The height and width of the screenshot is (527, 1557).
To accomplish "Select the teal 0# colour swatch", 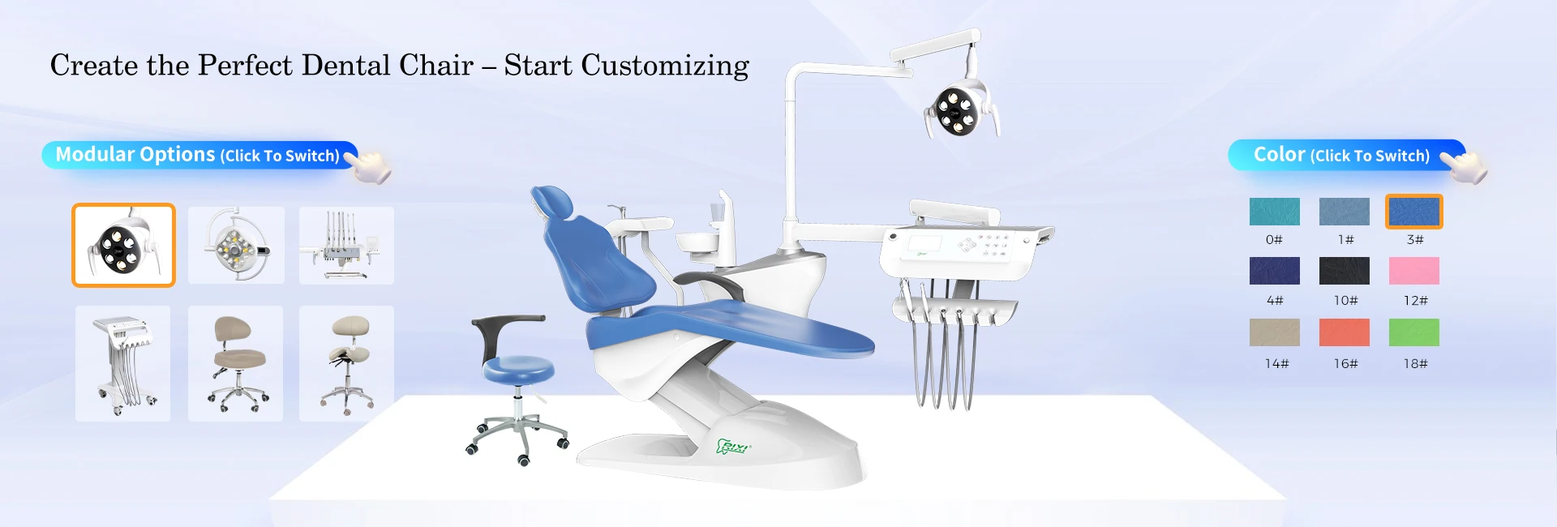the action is tap(1274, 212).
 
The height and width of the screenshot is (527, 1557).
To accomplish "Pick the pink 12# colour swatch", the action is tap(1413, 271).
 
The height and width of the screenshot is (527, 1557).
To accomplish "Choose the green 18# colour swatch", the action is tap(1413, 332).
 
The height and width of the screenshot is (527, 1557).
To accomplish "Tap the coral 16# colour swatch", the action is tap(1344, 332).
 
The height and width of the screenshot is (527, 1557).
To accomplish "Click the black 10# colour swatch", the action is tap(1344, 271).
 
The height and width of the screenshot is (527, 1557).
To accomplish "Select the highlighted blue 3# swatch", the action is tap(1413, 212).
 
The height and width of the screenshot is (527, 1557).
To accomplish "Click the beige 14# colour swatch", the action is tap(1274, 332).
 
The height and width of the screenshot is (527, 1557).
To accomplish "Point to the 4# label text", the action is tap(1275, 301).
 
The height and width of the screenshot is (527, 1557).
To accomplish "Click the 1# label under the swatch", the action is tap(1345, 240).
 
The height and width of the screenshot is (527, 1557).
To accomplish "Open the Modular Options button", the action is tap(199, 155).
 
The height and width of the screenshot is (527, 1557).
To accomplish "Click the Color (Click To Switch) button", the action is tap(1346, 155).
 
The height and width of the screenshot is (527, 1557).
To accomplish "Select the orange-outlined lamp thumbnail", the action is tap(123, 245).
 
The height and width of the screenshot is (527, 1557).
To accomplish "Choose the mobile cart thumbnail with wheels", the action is tap(123, 363).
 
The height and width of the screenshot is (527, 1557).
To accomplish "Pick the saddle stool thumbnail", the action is tap(346, 363).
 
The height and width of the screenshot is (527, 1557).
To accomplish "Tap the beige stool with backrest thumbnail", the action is tap(235, 363).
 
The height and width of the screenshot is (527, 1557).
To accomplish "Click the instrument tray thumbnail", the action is tap(346, 245).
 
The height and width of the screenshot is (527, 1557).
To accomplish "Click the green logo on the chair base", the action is tap(733, 447).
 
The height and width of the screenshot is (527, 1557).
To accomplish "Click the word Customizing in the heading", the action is tap(665, 66).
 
